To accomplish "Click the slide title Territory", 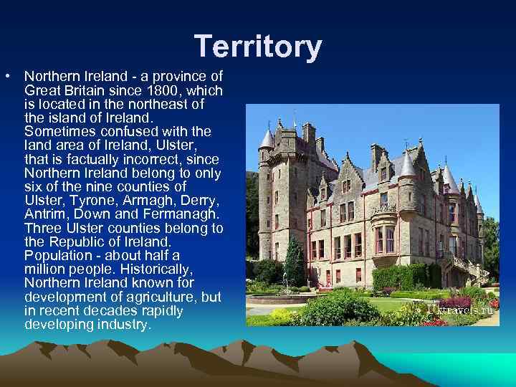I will (x=258, y=47).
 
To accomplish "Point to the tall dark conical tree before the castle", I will (x=294, y=262).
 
